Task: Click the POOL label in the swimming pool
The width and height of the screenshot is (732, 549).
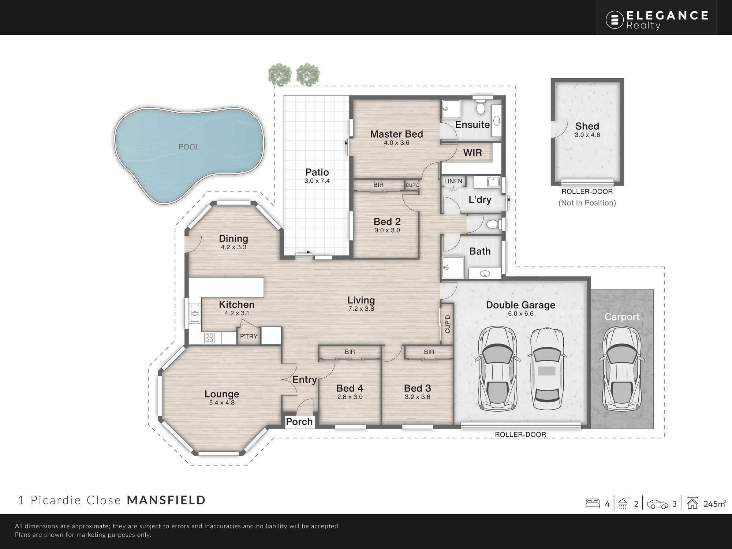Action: click(189, 147)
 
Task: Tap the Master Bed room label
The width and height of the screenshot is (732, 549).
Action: click(396, 134)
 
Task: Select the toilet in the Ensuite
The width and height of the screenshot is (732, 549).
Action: click(481, 106)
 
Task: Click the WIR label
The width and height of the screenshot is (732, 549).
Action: click(473, 153)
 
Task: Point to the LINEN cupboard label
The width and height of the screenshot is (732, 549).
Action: click(453, 181)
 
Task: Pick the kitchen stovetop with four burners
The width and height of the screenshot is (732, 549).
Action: click(209, 338)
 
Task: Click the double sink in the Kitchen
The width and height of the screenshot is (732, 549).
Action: click(194, 313)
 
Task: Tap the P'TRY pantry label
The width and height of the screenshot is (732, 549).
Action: click(249, 336)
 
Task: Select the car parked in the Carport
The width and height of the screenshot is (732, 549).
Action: click(622, 368)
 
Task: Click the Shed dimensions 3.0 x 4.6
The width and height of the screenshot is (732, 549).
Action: click(587, 135)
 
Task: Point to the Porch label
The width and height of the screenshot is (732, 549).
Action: click(299, 422)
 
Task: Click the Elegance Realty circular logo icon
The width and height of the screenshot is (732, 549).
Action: click(615, 19)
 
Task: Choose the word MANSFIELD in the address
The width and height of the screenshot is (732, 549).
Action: click(166, 500)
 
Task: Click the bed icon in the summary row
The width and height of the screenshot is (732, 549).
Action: click(593, 504)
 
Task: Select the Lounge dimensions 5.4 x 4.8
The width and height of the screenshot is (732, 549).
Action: click(222, 403)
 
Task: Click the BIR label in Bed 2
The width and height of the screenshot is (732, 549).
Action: click(378, 185)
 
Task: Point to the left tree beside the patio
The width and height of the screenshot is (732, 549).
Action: click(280, 75)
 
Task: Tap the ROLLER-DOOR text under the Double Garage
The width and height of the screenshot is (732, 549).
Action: click(520, 434)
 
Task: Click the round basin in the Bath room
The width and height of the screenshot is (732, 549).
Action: click(485, 273)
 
